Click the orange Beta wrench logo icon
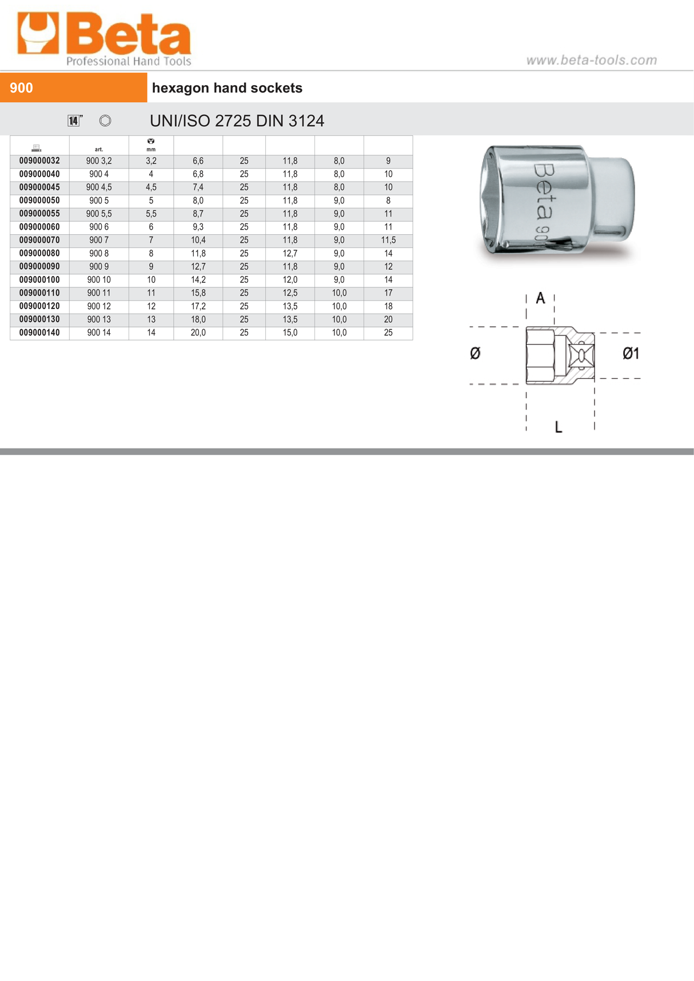[x=38, y=34]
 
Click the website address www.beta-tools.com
[x=591, y=60]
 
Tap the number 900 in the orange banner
[x=22, y=88]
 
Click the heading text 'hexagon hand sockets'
[x=227, y=88]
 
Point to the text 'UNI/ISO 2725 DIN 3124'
[x=237, y=121]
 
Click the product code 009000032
[x=39, y=161]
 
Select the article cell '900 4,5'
[x=99, y=187]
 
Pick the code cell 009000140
[x=39, y=333]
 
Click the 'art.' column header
[x=99, y=149]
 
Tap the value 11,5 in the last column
[x=388, y=240]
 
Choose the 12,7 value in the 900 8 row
[x=290, y=253]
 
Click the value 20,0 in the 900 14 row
[x=198, y=333]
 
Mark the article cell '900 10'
[x=99, y=280]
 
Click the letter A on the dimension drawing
[x=540, y=298]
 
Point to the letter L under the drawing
[x=559, y=427]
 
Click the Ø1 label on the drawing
[x=631, y=354]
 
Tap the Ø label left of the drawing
[x=475, y=354]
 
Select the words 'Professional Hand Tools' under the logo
[x=129, y=61]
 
